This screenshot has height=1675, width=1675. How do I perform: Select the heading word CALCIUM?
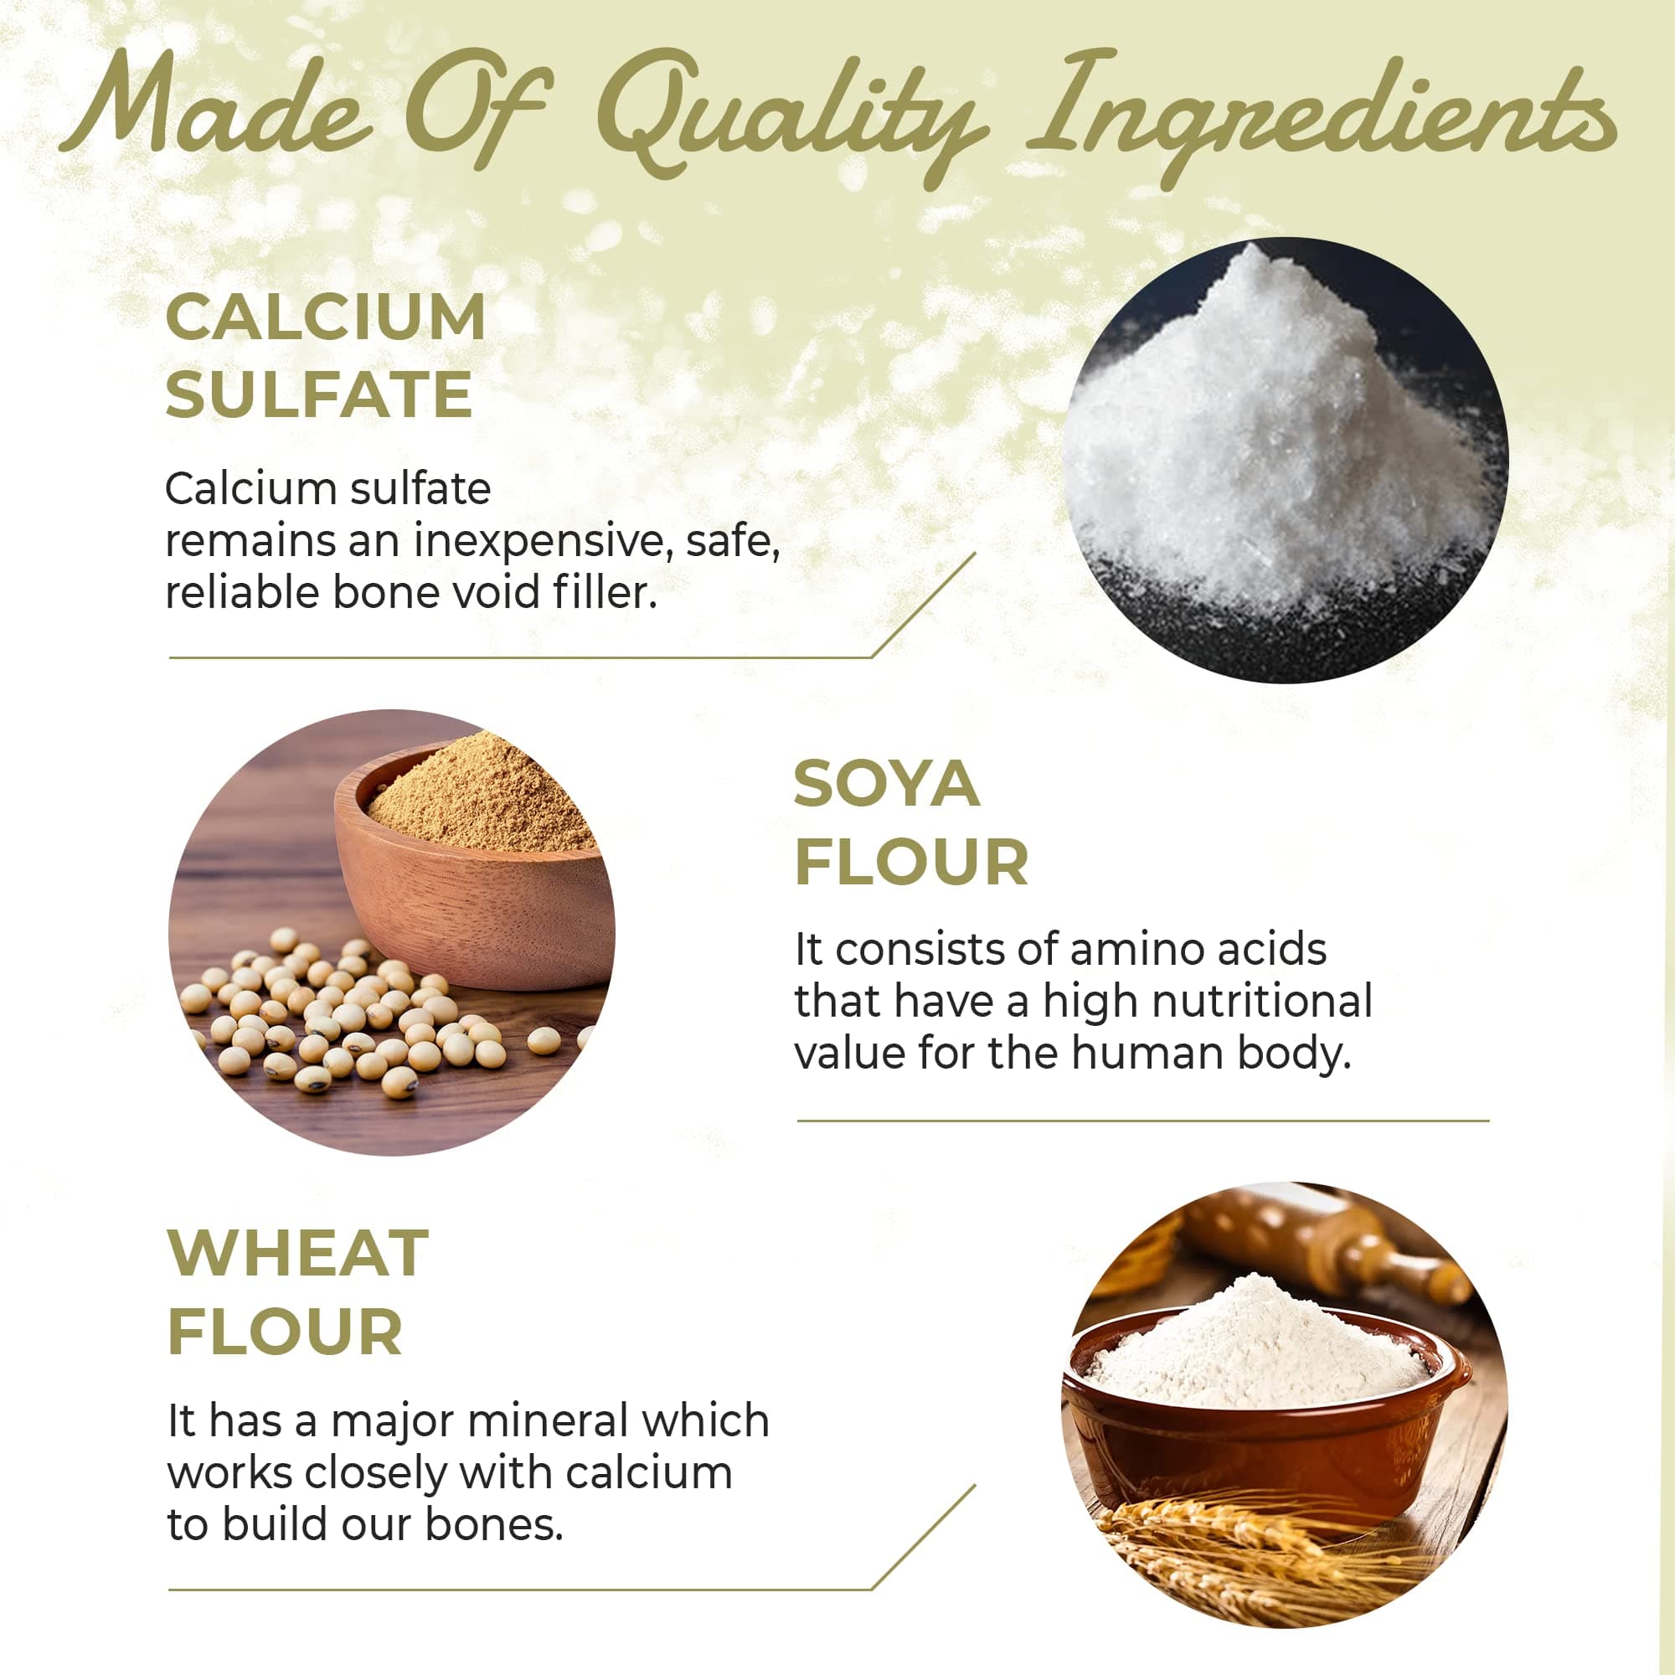tap(325, 317)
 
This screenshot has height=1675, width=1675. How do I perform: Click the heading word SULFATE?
tap(318, 395)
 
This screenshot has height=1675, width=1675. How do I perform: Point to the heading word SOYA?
tap(886, 785)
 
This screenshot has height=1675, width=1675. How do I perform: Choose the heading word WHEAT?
tap(297, 1254)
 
